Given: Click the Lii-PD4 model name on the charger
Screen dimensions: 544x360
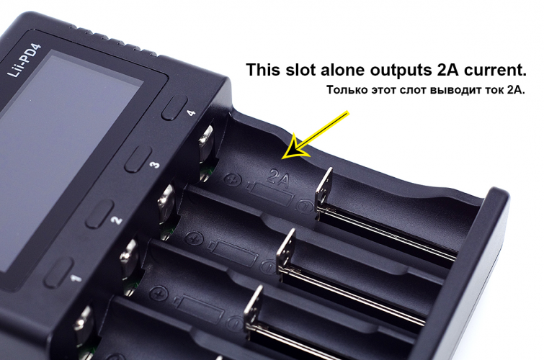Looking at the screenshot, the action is point(24,60).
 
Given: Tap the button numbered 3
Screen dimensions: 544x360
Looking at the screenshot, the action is point(138,159).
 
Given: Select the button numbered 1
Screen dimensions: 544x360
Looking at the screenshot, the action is point(59,273).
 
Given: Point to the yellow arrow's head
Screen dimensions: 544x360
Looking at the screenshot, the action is point(294,148).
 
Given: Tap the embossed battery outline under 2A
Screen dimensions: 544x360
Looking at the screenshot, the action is point(271,194).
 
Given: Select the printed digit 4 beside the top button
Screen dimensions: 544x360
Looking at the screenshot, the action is point(191,112).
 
